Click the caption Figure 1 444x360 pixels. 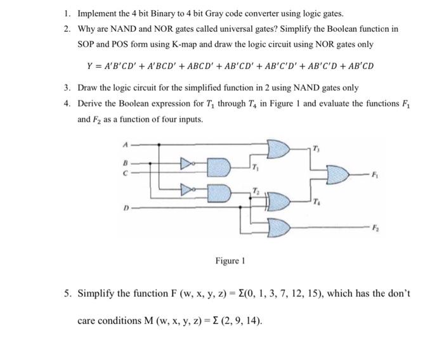[x=229, y=260]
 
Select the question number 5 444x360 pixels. [x=67, y=294]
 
